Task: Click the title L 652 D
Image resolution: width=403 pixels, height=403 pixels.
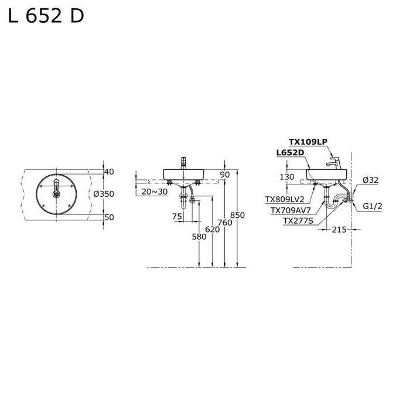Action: pos(46,16)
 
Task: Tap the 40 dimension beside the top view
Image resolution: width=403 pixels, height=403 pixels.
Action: pos(108,172)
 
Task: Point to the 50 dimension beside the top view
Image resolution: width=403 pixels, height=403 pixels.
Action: pos(108,217)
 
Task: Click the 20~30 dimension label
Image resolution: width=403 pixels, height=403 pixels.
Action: pos(154,192)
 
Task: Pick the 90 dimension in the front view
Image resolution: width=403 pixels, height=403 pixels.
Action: pos(225,175)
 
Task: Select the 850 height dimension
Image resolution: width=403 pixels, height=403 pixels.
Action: pos(237,215)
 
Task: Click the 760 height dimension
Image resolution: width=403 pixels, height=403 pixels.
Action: pos(224,223)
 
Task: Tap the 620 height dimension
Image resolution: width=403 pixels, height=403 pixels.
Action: pos(212,230)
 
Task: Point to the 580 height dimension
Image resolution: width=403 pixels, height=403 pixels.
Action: pos(199,237)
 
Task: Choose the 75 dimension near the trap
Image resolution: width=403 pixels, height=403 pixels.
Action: pos(177,216)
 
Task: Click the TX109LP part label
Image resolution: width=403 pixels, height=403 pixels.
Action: pos(308,142)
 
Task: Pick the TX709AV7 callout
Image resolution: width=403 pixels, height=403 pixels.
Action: pos(291,210)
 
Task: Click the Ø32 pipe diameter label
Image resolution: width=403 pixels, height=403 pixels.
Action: pos(370,180)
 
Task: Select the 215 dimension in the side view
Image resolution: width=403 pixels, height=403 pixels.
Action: pos(338,230)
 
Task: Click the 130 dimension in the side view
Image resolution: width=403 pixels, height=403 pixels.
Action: pos(287,177)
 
